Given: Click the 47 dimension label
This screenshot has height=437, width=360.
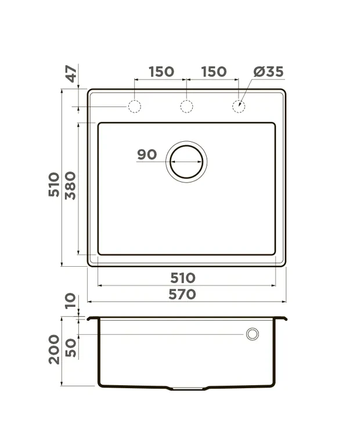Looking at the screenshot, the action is coord(72,74).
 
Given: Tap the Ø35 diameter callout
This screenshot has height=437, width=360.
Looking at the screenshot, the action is coord(268,71).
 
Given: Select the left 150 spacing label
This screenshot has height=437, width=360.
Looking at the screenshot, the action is coord(161,71).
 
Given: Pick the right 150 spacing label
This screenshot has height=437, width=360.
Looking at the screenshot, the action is coord(214,71).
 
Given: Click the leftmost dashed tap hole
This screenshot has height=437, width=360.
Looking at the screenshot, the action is coord(135,100).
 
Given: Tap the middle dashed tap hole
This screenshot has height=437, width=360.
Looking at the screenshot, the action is coord(186,100).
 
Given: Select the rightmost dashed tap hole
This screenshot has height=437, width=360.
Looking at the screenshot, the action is coord(239,100).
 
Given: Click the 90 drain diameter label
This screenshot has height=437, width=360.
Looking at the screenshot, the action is coord(147,155).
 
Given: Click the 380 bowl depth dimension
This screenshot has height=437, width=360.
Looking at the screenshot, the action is coord(70,185).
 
